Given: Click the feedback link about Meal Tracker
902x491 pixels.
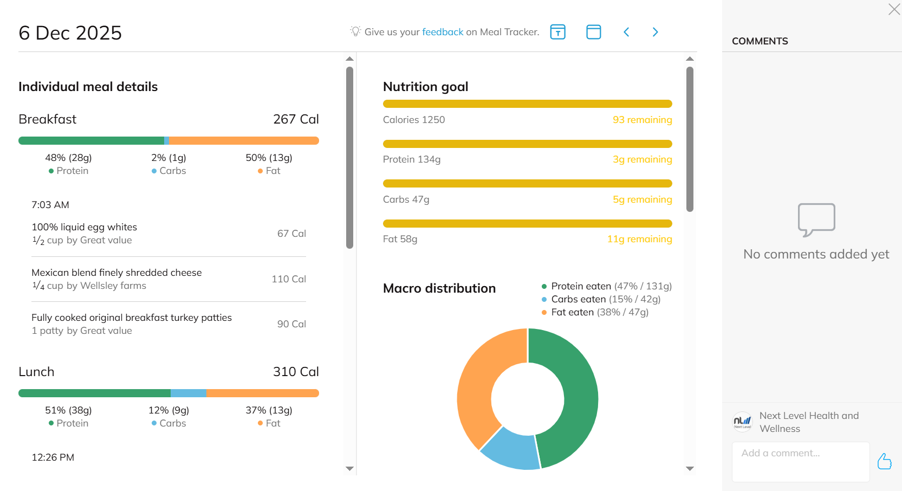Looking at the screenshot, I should [x=443, y=32].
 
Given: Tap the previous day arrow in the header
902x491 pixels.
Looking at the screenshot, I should [x=626, y=32].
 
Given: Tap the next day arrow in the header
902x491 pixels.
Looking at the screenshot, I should [x=655, y=32].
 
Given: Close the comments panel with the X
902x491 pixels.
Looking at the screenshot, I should [x=894, y=9].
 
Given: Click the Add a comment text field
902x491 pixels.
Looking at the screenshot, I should [x=800, y=461].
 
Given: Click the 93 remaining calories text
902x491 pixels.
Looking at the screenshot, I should [x=642, y=120].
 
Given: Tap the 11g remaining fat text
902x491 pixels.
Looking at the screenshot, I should [x=639, y=239].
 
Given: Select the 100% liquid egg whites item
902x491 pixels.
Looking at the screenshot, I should [x=85, y=227].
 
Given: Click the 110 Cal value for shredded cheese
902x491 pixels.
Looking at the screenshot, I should [x=289, y=279].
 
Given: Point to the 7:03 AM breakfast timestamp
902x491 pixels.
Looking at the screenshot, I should [x=50, y=205].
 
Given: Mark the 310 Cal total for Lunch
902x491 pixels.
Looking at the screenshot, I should [x=296, y=372].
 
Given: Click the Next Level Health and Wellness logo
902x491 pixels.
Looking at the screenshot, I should [x=742, y=422].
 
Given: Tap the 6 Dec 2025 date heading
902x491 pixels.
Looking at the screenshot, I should [x=70, y=33].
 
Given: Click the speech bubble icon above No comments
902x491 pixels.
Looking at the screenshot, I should [x=816, y=219].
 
